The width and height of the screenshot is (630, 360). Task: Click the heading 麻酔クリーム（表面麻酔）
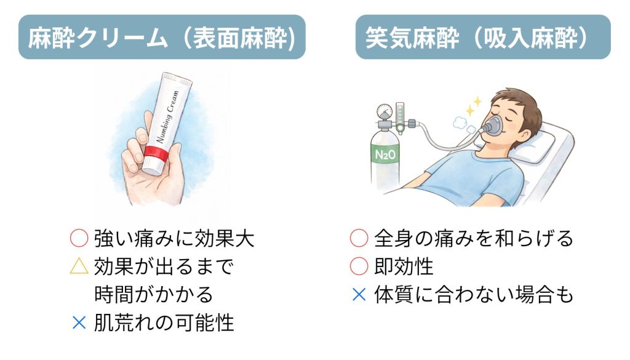pyautogui.click(x=162, y=38)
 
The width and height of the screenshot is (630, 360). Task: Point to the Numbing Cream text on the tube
pyautogui.click(x=167, y=116)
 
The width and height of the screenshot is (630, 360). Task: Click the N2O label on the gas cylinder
pyautogui.click(x=385, y=154)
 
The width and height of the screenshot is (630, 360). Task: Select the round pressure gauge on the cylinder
pyautogui.click(x=385, y=111)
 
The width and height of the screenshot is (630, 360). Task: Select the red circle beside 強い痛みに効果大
pyautogui.click(x=79, y=238)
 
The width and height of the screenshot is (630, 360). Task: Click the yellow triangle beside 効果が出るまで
pyautogui.click(x=79, y=266)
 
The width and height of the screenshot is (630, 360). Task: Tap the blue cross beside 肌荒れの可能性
pyautogui.click(x=79, y=322)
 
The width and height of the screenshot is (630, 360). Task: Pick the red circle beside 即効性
pyautogui.click(x=359, y=266)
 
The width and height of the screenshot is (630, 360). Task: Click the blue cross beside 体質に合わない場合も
pyautogui.click(x=359, y=295)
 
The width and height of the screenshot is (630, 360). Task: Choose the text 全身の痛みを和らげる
pyautogui.click(x=474, y=238)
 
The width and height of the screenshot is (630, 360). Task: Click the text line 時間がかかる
pyautogui.click(x=153, y=295)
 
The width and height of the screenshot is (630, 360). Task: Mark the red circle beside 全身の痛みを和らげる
pyautogui.click(x=359, y=238)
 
